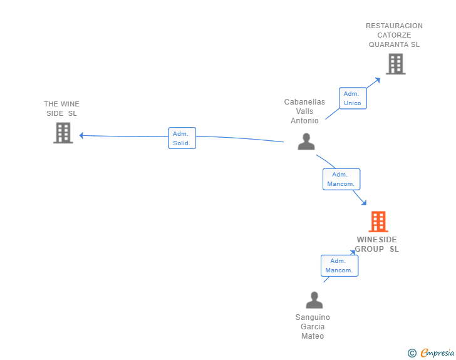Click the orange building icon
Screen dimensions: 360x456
[378, 222]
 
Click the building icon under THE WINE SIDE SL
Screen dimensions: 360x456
[63, 133]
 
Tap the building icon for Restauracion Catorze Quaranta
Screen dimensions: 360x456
[395, 64]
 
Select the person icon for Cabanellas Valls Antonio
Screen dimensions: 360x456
[306, 142]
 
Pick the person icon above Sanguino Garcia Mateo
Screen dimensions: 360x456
[314, 301]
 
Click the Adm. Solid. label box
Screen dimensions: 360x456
[182, 138]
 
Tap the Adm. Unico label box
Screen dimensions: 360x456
[352, 98]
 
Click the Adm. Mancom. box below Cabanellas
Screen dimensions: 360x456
[341, 179]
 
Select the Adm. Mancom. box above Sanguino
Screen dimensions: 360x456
[339, 265]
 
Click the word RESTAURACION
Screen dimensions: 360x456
[394, 26]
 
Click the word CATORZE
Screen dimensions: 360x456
[394, 35]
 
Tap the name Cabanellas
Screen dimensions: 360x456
[304, 102]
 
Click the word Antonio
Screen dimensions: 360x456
[304, 121]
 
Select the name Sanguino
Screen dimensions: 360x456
[313, 317]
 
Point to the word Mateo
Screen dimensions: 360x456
[313, 336]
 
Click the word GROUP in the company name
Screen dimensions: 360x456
[370, 249]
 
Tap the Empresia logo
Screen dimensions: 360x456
[437, 353]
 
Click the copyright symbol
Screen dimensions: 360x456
[412, 353]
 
